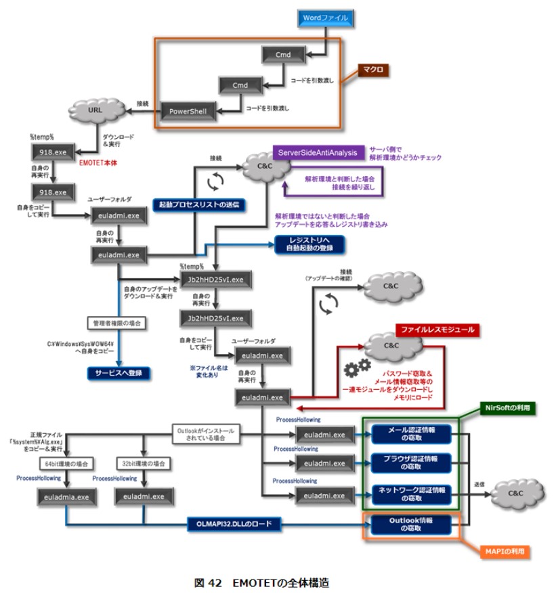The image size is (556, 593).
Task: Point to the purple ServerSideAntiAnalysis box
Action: click(x=316, y=153)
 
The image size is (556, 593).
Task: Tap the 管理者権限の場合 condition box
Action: click(x=116, y=324)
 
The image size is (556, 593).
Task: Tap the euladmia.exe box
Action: click(x=66, y=496)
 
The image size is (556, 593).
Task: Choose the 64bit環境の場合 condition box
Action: click(x=66, y=464)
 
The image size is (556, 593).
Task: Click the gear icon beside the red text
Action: click(x=356, y=370)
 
